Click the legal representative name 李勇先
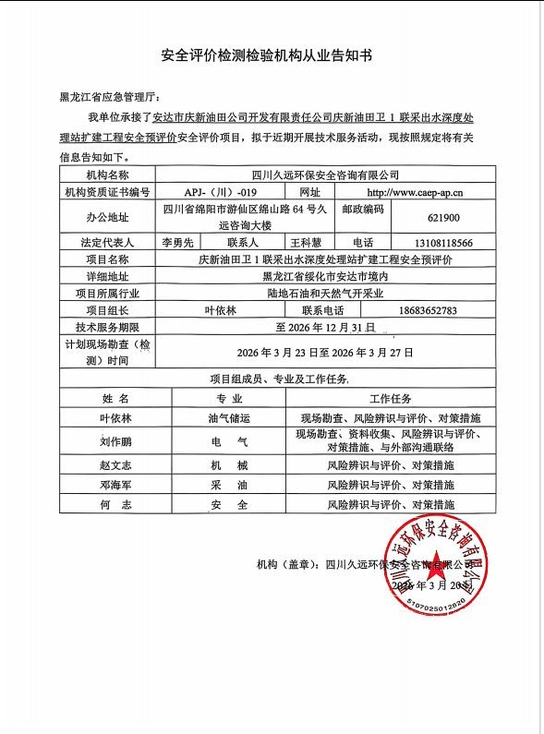(x=177, y=243)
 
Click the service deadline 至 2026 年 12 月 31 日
(x=325, y=327)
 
